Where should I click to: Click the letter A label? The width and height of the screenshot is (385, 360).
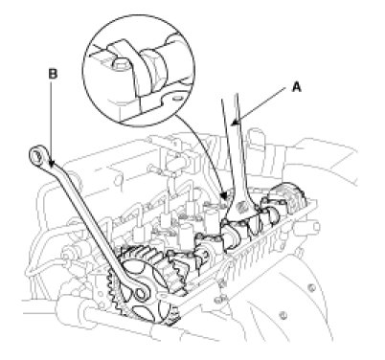pyautogui.click(x=297, y=86)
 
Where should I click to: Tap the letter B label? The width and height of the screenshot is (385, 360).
pyautogui.click(x=53, y=74)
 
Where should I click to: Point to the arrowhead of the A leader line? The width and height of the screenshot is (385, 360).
pyautogui.click(x=235, y=124)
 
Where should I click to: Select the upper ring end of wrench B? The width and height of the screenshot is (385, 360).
pyautogui.click(x=36, y=155)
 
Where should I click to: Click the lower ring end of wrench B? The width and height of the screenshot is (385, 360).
pyautogui.click(x=141, y=293)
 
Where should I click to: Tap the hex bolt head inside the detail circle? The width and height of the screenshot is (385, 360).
pyautogui.click(x=121, y=64)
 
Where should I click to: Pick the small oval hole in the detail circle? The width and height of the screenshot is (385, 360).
pyautogui.click(x=176, y=99)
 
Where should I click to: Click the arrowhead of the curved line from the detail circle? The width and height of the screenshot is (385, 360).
pyautogui.click(x=225, y=195)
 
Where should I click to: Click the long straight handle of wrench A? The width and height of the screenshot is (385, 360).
pyautogui.click(x=235, y=144)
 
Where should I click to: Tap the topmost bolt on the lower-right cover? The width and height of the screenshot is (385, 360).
pyautogui.click(x=311, y=288)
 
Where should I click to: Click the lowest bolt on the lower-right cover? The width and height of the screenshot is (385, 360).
pyautogui.click(x=282, y=316)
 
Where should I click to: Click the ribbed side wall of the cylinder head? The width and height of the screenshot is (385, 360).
pyautogui.click(x=256, y=249)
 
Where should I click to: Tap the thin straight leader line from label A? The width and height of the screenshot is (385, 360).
pyautogui.click(x=260, y=105)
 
